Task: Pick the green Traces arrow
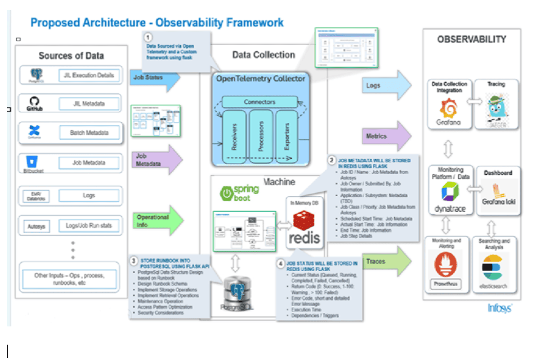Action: pos(386,262)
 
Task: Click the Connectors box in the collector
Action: pos(259,102)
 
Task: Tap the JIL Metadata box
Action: pos(89,103)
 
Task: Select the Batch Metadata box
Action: pos(89,132)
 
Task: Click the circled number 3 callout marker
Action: pos(134,261)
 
